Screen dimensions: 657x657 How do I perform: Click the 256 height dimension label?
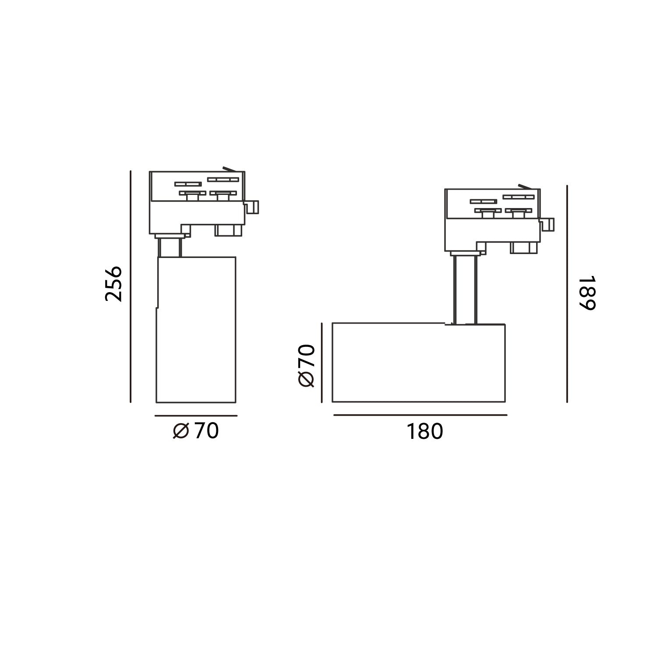tap(113, 283)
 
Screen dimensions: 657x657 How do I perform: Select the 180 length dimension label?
tap(425, 431)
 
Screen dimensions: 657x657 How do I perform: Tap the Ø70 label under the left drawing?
tap(196, 431)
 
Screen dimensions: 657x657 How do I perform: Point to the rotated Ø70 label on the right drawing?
tap(306, 365)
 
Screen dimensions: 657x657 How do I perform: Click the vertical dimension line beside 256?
tap(131, 287)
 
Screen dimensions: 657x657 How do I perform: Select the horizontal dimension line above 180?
tap(420, 415)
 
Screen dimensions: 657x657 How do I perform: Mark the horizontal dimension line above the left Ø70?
tap(196, 416)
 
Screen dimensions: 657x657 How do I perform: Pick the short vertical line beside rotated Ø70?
tap(322, 362)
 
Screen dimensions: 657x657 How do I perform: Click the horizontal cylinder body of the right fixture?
tap(418, 362)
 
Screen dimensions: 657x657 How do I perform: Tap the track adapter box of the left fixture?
tap(197, 201)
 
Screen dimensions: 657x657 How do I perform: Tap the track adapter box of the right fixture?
tap(492, 219)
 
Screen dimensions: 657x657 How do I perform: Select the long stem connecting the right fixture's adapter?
tap(465, 289)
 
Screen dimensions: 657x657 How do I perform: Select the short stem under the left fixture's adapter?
tap(170, 247)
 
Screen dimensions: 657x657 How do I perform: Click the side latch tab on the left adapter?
tap(253, 207)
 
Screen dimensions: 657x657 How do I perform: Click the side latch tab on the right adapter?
tap(548, 225)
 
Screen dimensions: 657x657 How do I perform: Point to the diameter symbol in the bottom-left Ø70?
tap(181, 431)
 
